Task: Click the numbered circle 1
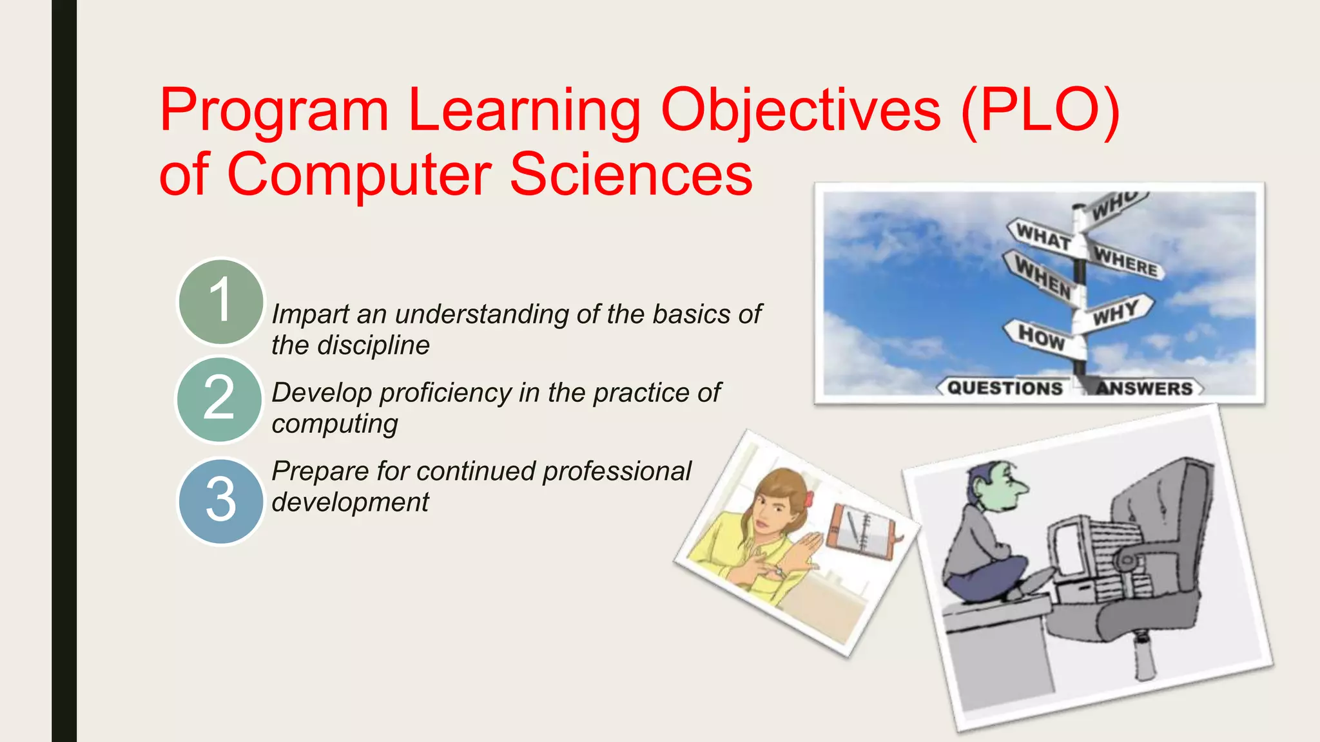click(220, 301)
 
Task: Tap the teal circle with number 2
click(219, 399)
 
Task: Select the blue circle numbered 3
click(220, 500)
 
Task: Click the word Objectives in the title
click(801, 111)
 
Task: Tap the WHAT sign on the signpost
click(1042, 237)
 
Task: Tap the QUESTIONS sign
click(1004, 388)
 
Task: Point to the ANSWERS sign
click(1144, 388)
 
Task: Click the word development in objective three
click(350, 502)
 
